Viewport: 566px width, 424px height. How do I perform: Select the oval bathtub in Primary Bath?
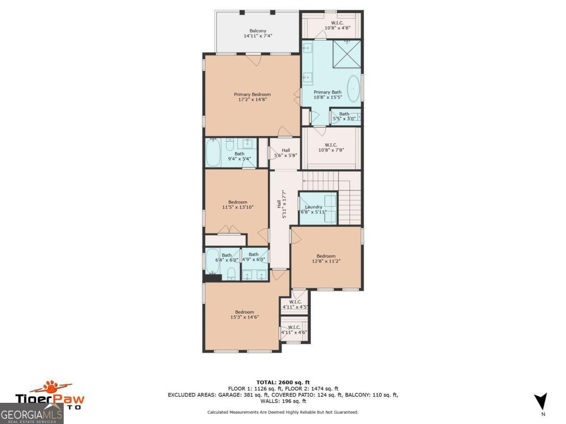coord(353,89)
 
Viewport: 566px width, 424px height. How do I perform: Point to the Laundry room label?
coord(314,207)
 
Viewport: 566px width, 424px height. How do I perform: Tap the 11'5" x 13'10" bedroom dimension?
coord(238,207)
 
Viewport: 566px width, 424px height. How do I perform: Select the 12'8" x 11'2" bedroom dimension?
coord(326,261)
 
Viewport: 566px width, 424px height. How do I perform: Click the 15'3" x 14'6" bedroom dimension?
coord(245,317)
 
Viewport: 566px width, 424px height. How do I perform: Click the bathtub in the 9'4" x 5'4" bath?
coord(213,152)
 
